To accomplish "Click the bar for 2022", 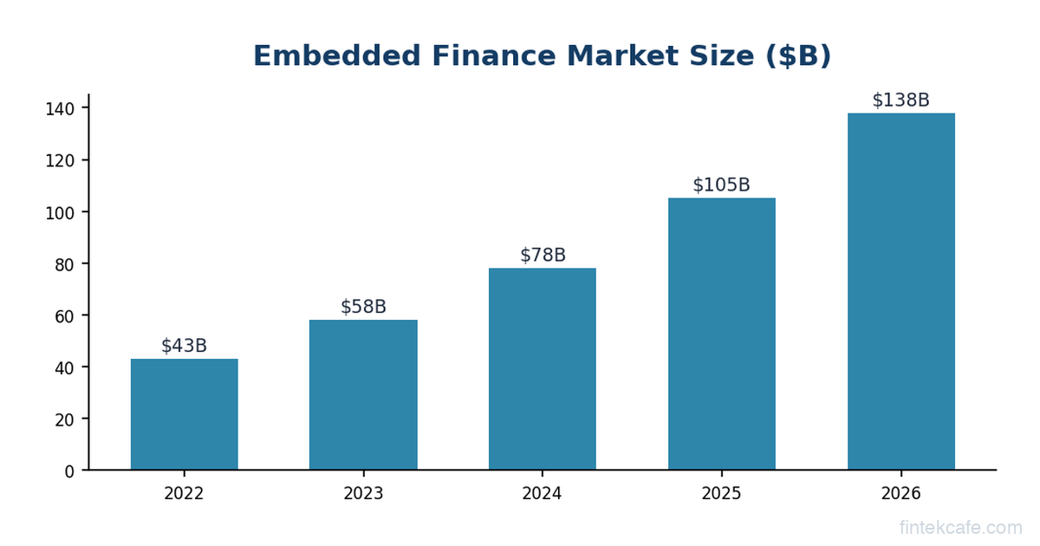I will [184, 414].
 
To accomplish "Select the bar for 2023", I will [363, 395].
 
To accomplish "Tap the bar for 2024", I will [543, 369].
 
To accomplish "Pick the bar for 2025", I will [721, 334].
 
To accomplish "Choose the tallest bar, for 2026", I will [900, 291].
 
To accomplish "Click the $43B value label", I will [184, 346].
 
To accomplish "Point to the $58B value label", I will [363, 307].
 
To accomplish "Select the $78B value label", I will [543, 255].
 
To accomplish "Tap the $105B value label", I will [721, 185].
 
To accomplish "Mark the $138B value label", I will [900, 100].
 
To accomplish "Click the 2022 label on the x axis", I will [184, 494].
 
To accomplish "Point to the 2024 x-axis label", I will [543, 494].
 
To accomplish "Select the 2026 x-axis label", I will [900, 494].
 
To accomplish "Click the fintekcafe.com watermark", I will [961, 527].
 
